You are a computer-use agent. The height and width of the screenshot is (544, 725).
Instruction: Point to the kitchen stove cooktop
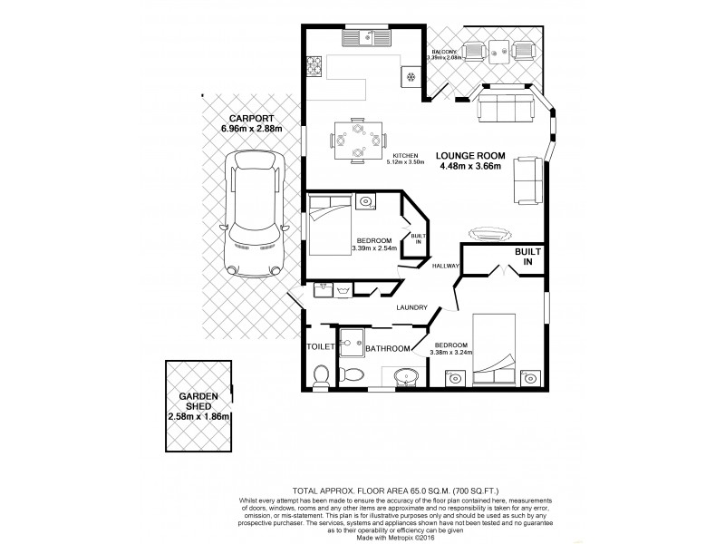pos(316,66)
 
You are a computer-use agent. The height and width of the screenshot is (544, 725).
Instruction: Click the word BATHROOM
pos(386,348)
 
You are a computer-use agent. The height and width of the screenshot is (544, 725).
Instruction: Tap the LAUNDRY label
pos(411,308)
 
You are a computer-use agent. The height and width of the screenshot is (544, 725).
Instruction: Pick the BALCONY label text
pos(445,52)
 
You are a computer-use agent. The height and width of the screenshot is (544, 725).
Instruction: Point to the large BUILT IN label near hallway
pos(527,257)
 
